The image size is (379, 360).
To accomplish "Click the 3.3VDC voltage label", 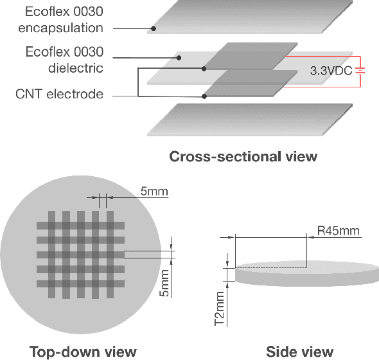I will tap(331, 71).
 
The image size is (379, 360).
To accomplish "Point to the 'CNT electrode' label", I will tap(59, 94).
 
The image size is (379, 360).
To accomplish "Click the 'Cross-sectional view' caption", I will tap(243, 157).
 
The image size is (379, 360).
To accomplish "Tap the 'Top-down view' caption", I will tap(84, 350).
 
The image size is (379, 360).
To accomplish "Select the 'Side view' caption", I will tap(299, 350).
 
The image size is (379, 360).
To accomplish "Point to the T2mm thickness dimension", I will tap(220, 307).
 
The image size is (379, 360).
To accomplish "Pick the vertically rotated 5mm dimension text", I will tap(164, 283).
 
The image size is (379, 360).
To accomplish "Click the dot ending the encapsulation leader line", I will tap(153, 28).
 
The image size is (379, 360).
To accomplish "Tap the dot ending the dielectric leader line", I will tap(179, 57).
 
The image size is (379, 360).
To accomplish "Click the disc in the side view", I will tap(305, 273).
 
